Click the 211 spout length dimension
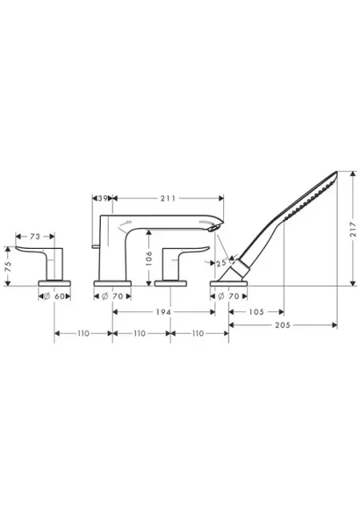(x=167, y=198)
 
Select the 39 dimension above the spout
(x=102, y=198)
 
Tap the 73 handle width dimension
(x=35, y=236)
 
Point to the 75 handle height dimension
(x=9, y=266)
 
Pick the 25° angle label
(x=222, y=262)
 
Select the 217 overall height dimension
(x=353, y=229)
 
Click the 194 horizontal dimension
(x=163, y=312)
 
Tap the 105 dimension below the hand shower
(x=256, y=312)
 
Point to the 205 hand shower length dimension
(x=282, y=325)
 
